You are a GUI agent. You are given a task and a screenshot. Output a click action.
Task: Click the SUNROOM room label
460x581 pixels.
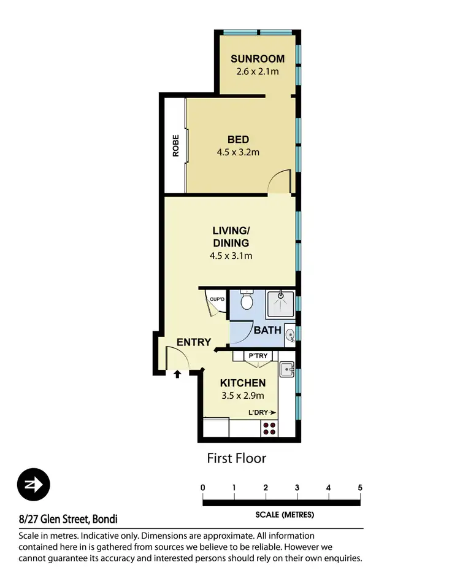(x=258, y=59)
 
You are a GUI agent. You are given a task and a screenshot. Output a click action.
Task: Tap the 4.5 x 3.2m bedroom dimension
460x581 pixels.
(x=238, y=152)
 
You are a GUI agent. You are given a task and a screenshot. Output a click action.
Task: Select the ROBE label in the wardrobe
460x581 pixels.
(x=175, y=145)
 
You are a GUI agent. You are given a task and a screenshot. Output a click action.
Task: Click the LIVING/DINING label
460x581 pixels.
(x=231, y=237)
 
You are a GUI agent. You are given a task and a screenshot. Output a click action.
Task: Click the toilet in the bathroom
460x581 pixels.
(x=247, y=301)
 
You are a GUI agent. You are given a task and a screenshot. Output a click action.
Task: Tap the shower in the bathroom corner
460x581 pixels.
(x=280, y=304)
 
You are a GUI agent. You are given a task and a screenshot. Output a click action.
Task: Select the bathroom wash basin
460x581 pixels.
(x=290, y=334)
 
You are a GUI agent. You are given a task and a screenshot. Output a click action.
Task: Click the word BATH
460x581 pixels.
(x=268, y=330)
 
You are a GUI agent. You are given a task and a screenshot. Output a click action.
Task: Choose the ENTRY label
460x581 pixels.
(x=194, y=342)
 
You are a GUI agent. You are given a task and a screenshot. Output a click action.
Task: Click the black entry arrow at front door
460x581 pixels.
(x=177, y=372)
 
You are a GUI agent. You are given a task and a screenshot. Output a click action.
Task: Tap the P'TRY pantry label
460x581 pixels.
(x=255, y=356)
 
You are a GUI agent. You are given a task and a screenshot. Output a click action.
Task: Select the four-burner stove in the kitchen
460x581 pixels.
(x=269, y=428)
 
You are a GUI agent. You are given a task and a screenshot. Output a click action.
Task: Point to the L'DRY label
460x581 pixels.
(x=258, y=412)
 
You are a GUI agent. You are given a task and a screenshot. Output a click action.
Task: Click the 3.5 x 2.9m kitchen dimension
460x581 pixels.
(x=243, y=395)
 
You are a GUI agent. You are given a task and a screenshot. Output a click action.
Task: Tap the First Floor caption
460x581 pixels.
(x=236, y=458)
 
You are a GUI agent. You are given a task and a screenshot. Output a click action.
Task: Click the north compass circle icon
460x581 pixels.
(x=34, y=484)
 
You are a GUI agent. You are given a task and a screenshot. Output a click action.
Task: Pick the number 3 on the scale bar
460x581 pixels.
(x=297, y=488)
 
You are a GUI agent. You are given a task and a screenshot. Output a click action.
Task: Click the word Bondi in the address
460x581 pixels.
(x=105, y=519)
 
